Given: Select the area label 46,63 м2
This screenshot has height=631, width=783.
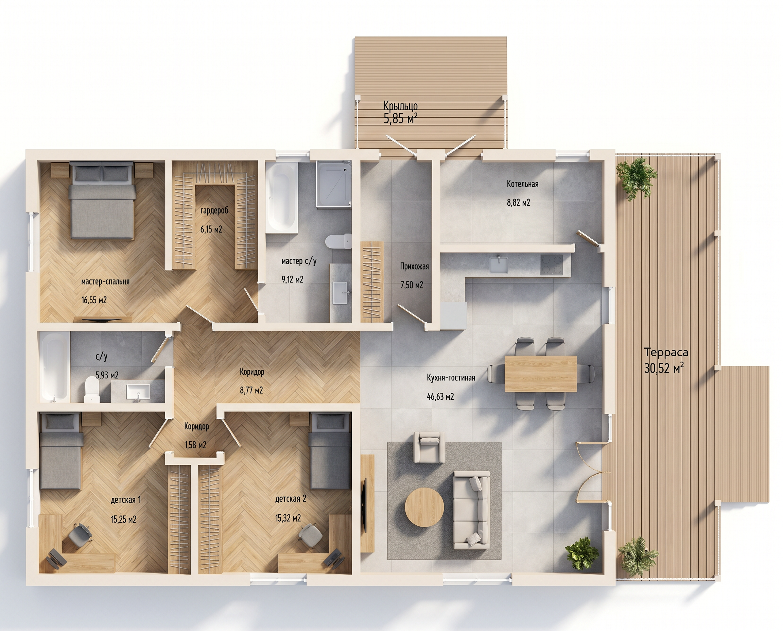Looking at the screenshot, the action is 440,396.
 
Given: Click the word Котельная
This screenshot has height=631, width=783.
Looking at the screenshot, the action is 522,184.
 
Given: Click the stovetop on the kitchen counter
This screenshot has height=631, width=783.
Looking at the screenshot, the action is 552,265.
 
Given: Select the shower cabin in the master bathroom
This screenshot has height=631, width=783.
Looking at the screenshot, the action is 333,184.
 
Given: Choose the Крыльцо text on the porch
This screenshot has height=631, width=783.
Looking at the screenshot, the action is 401,106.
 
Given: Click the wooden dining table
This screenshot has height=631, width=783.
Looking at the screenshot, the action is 541,374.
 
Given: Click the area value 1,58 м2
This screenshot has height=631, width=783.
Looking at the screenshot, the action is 195,445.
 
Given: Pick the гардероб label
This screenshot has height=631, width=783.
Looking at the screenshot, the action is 214,210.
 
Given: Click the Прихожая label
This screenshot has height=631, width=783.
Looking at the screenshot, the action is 414,267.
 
